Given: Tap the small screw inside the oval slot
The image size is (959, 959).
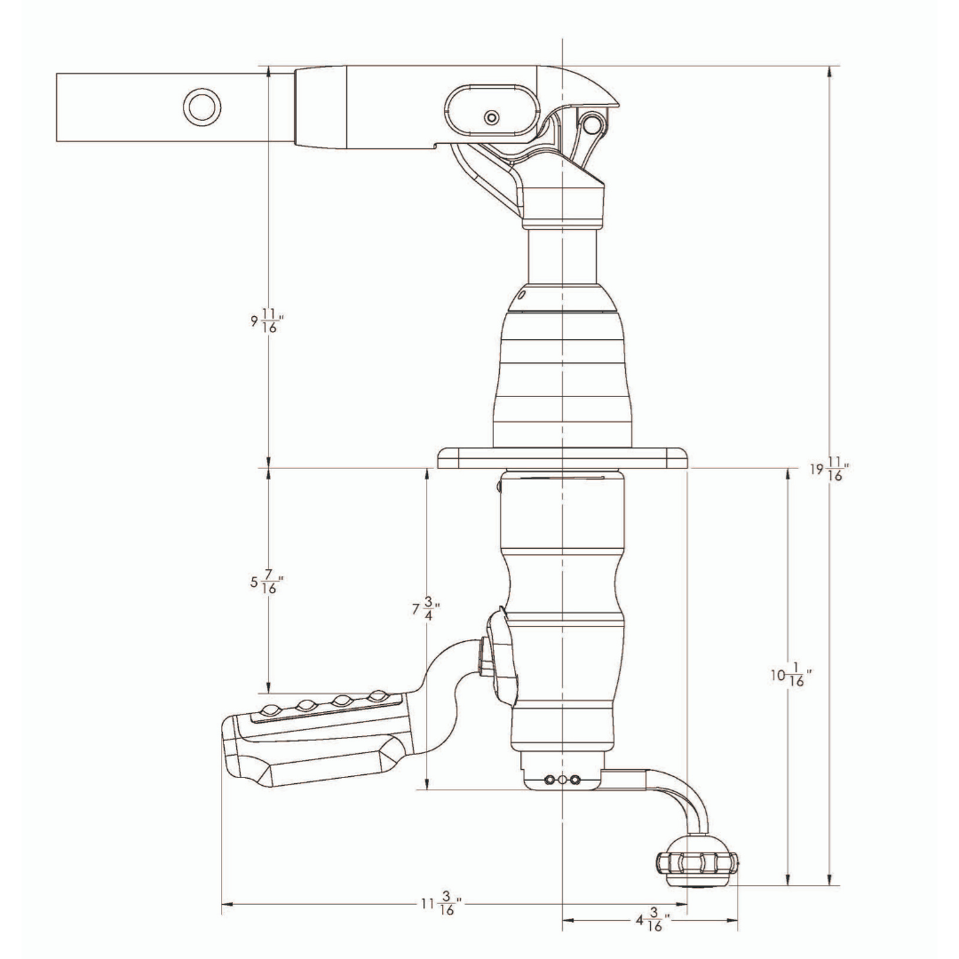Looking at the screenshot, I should click(491, 116).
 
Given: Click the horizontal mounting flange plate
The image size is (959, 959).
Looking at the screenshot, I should click(563, 457).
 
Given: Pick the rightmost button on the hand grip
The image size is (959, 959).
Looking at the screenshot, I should click(380, 695).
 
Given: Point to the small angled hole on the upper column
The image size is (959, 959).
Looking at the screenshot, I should click(522, 294).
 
